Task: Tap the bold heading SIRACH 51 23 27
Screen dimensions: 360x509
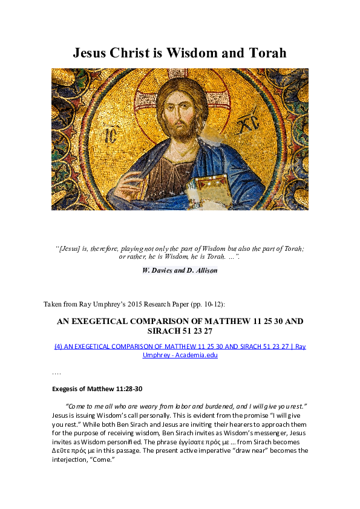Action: (x=179, y=332)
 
